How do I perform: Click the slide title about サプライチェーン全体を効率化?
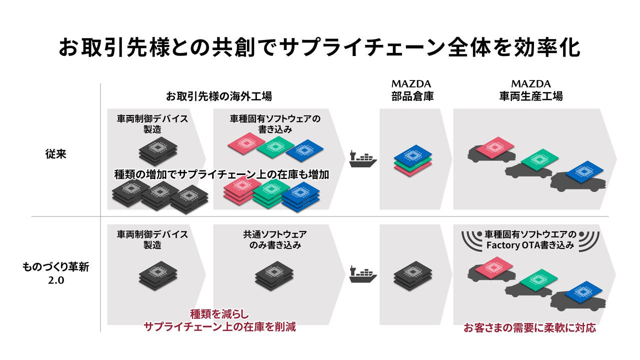[319, 47]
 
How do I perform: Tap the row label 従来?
[55, 154]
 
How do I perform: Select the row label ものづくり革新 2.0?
[55, 273]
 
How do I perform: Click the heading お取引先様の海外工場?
[219, 96]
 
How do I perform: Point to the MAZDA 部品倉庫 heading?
[412, 90]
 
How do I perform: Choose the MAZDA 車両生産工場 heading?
[531, 90]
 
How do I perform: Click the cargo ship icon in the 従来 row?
[363, 159]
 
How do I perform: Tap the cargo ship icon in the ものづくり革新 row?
[363, 274]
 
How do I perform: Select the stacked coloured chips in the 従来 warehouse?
[413, 160]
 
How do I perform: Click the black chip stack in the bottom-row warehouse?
[413, 276]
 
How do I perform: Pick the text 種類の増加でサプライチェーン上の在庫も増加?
[221, 174]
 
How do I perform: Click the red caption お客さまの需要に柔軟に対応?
[529, 327]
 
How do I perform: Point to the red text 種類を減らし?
[219, 314]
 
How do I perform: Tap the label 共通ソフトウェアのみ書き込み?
[275, 239]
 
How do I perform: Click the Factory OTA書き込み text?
[530, 245]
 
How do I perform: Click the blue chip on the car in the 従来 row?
[584, 171]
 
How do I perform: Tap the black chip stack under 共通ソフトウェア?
[274, 276]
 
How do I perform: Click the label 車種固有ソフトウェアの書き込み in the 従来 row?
[275, 124]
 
